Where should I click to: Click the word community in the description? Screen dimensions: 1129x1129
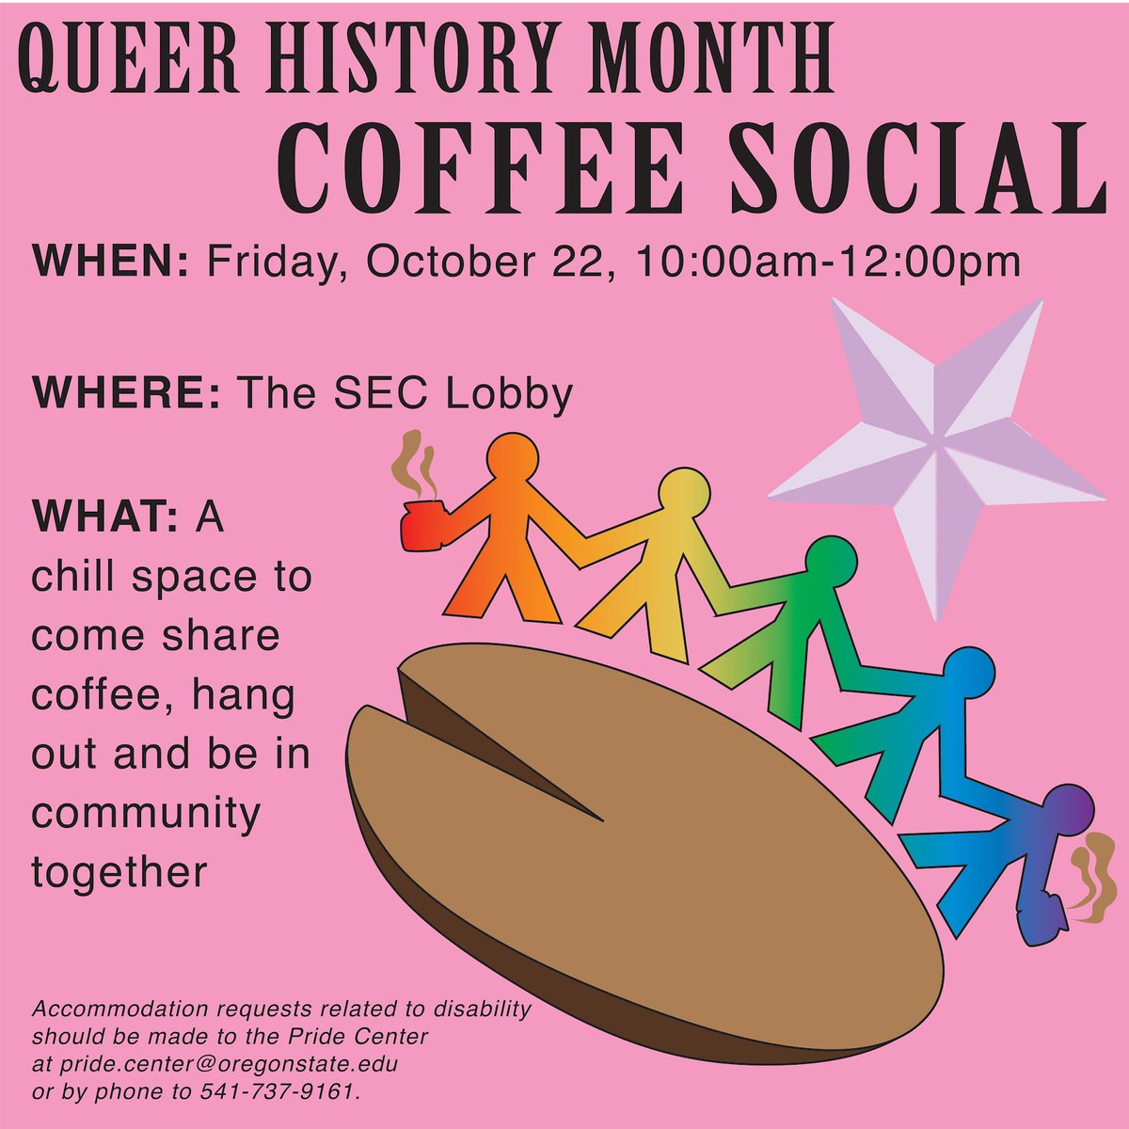coord(145,813)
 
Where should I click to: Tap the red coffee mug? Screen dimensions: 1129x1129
coord(421,526)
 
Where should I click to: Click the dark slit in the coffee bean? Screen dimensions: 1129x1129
coord(499,753)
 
